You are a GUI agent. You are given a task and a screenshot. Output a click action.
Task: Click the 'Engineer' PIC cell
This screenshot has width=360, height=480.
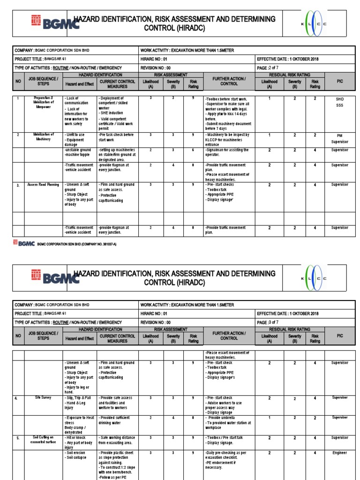340,453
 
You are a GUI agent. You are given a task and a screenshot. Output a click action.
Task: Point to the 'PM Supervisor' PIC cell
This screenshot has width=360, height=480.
340,138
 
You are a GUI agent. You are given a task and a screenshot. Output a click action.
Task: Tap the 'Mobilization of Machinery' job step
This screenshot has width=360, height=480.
43,137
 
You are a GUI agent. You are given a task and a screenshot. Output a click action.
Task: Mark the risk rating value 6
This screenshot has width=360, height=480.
193,150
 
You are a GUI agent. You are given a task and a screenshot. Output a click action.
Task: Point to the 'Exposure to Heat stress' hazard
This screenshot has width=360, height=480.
80,420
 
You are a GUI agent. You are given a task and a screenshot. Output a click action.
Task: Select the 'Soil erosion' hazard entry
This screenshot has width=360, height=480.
75,453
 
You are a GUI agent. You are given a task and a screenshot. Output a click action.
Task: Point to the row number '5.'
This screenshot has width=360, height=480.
16,437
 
